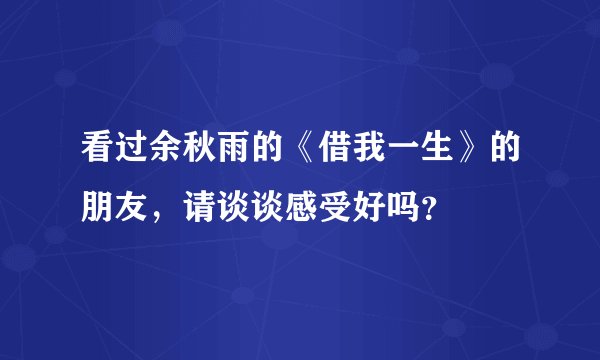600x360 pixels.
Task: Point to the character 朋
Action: (100, 207)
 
